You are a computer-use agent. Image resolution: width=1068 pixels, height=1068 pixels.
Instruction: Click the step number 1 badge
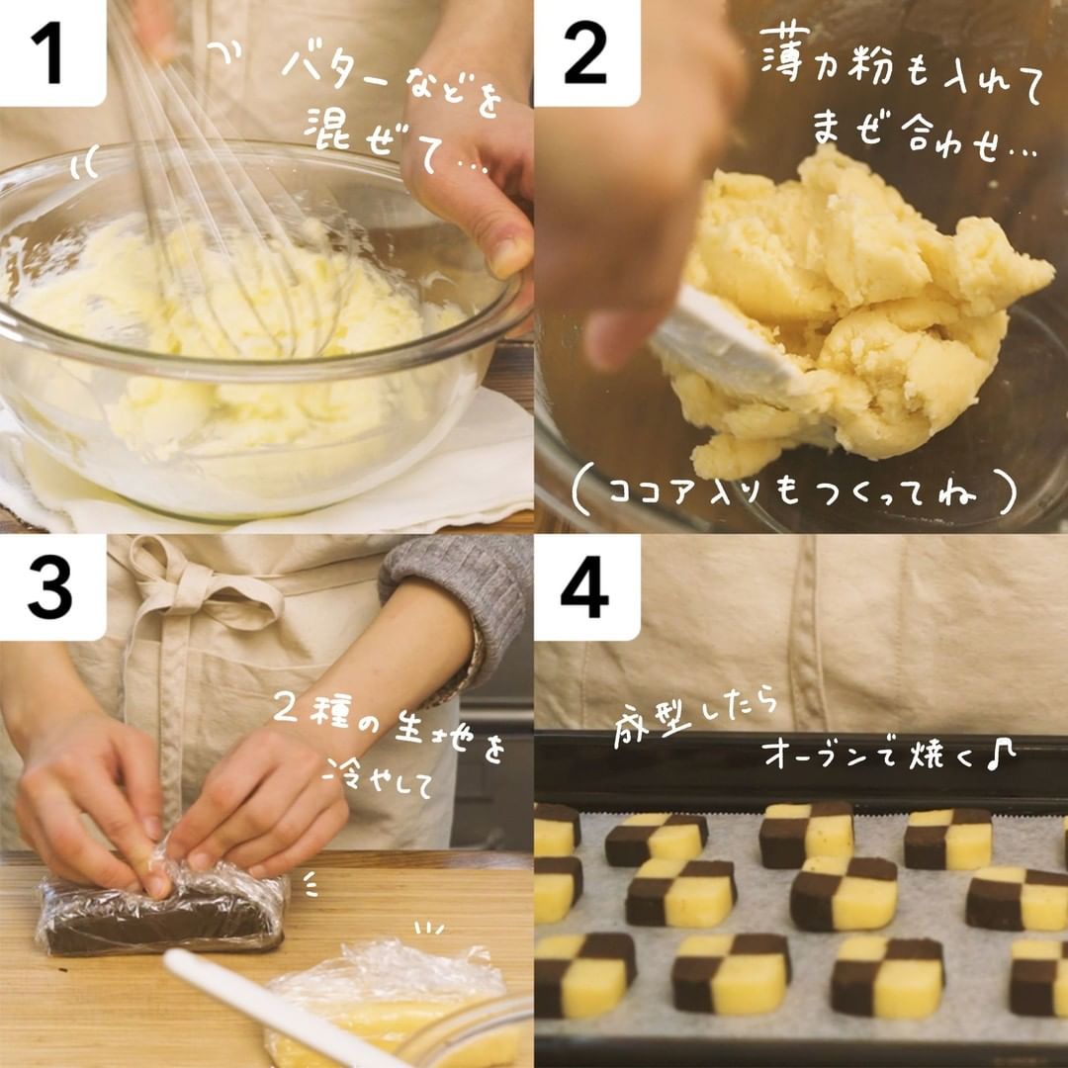pos(51,53)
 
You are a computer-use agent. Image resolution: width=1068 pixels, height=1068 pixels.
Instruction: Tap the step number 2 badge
pos(586,53)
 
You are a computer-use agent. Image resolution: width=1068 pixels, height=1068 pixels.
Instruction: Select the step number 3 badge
pos(51,587)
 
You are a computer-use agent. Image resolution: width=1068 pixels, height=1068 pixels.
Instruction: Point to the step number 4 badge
pos(586,587)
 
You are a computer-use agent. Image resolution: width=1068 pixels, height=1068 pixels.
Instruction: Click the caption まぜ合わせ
pos(923,133)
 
